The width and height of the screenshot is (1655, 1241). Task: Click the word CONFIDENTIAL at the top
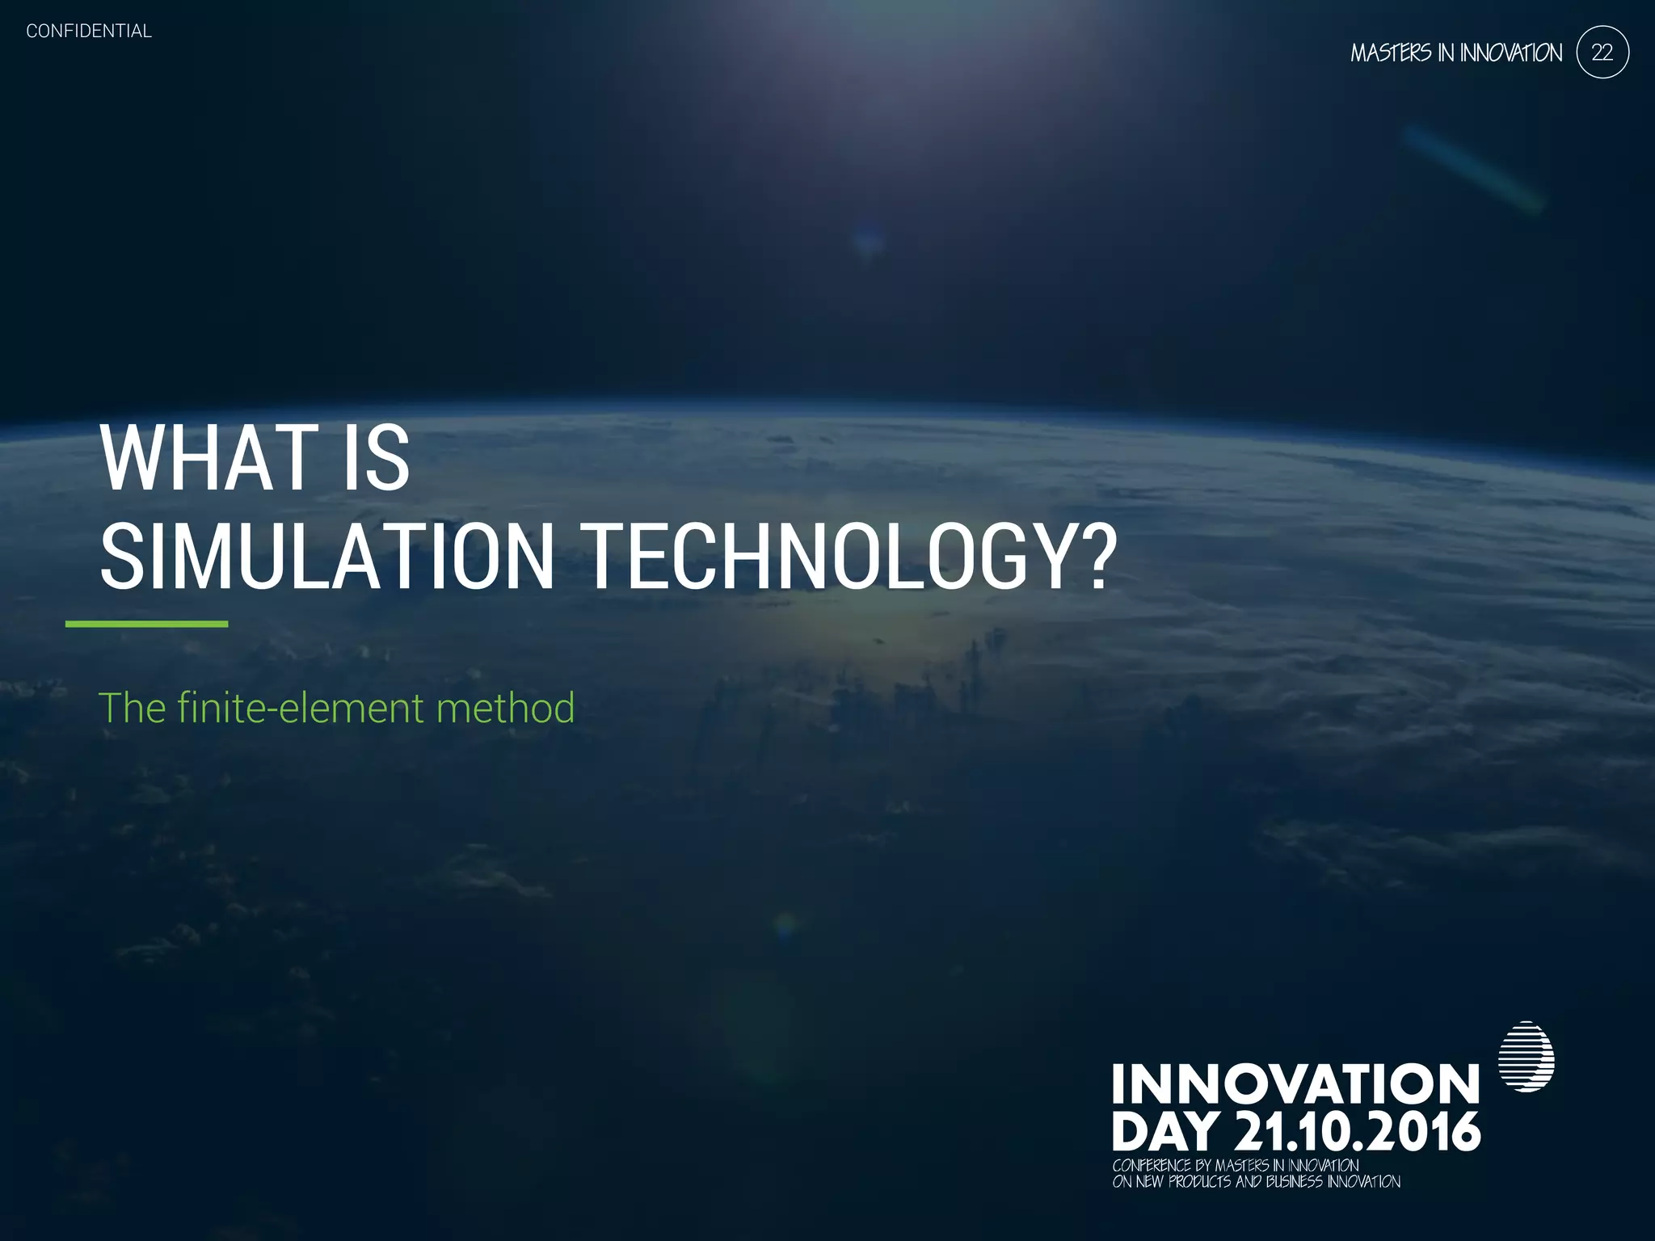click(89, 31)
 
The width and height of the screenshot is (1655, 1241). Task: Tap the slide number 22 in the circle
click(1602, 53)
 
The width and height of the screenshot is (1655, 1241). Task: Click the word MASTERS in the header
click(1391, 53)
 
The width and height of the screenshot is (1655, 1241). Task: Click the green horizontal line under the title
click(146, 624)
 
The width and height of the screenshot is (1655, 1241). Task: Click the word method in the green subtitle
click(505, 708)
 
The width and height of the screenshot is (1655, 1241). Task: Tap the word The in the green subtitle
click(132, 708)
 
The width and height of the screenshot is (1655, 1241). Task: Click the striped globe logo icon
click(1526, 1057)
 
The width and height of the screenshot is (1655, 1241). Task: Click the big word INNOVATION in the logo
click(1295, 1084)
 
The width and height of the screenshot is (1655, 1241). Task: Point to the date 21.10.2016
click(1358, 1132)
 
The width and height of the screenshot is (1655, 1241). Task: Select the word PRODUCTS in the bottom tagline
click(1200, 1182)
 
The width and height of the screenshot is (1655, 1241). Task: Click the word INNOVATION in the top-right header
click(1510, 53)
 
